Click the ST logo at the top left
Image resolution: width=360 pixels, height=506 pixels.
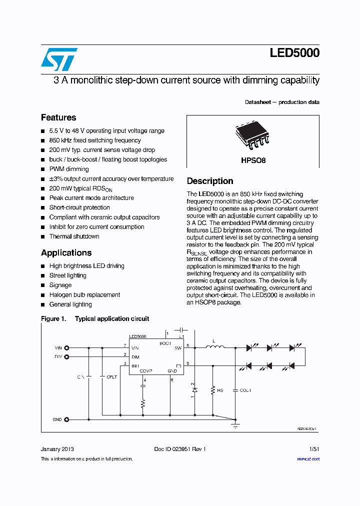point(59,59)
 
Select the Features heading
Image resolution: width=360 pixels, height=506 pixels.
point(58,117)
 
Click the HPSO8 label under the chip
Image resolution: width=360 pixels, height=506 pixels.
point(253,160)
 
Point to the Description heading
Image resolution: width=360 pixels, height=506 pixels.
point(210,181)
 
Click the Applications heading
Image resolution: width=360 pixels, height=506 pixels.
point(66,252)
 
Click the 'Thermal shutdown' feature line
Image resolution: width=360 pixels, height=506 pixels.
point(74,236)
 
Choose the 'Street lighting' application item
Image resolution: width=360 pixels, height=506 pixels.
point(67,275)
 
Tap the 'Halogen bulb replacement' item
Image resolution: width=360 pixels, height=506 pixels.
point(84,294)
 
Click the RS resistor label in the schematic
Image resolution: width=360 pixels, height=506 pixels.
point(220,390)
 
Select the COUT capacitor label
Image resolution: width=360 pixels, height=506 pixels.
point(245,390)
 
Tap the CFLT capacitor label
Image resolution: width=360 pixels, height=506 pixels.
point(111,377)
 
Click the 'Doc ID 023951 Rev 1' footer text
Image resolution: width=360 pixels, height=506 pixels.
point(180,449)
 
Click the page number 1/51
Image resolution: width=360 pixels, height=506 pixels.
point(314,449)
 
